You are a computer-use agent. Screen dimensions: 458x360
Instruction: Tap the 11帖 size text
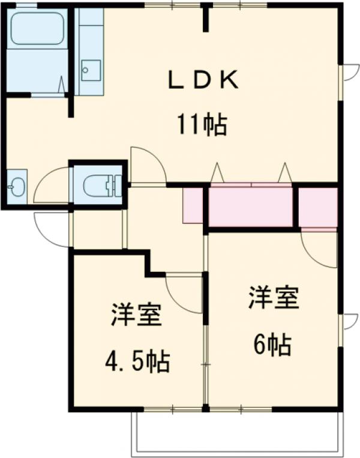(x=201, y=124)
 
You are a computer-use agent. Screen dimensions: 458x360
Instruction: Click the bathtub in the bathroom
(x=37, y=29)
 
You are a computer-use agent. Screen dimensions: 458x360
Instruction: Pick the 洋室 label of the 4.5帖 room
(x=136, y=316)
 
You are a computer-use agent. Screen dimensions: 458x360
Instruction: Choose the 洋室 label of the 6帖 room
(x=274, y=298)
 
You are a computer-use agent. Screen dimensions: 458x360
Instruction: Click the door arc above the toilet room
(x=147, y=164)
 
